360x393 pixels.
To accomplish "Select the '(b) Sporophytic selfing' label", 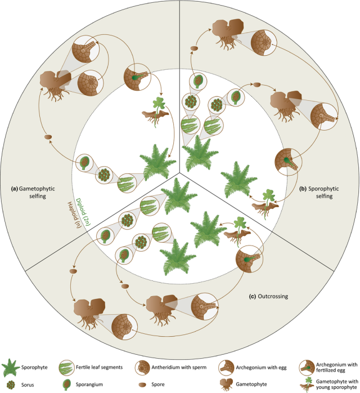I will click(x=322, y=193).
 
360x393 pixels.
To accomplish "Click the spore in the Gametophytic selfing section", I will click(x=48, y=137).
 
